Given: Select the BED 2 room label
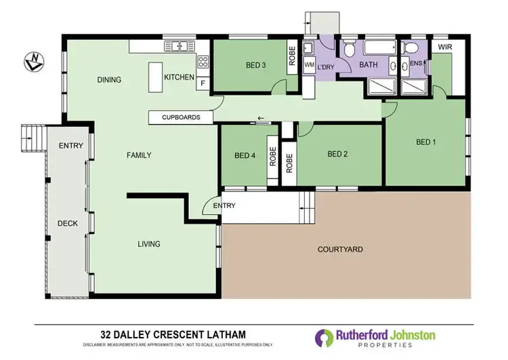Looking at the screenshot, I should [x=337, y=154].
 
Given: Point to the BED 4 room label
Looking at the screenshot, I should [x=245, y=155].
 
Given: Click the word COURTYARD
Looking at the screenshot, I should [x=340, y=249].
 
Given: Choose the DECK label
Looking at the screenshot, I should [x=68, y=222].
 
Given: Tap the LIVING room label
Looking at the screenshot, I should [x=149, y=244].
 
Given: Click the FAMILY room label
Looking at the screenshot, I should [x=139, y=155].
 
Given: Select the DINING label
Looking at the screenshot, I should [x=109, y=79].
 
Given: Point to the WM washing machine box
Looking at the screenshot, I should [x=310, y=65].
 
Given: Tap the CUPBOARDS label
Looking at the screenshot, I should [x=181, y=117].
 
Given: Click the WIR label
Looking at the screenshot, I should [x=444, y=47].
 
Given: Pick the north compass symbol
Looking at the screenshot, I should [x=33, y=62].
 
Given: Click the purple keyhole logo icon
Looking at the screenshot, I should [x=323, y=338].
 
